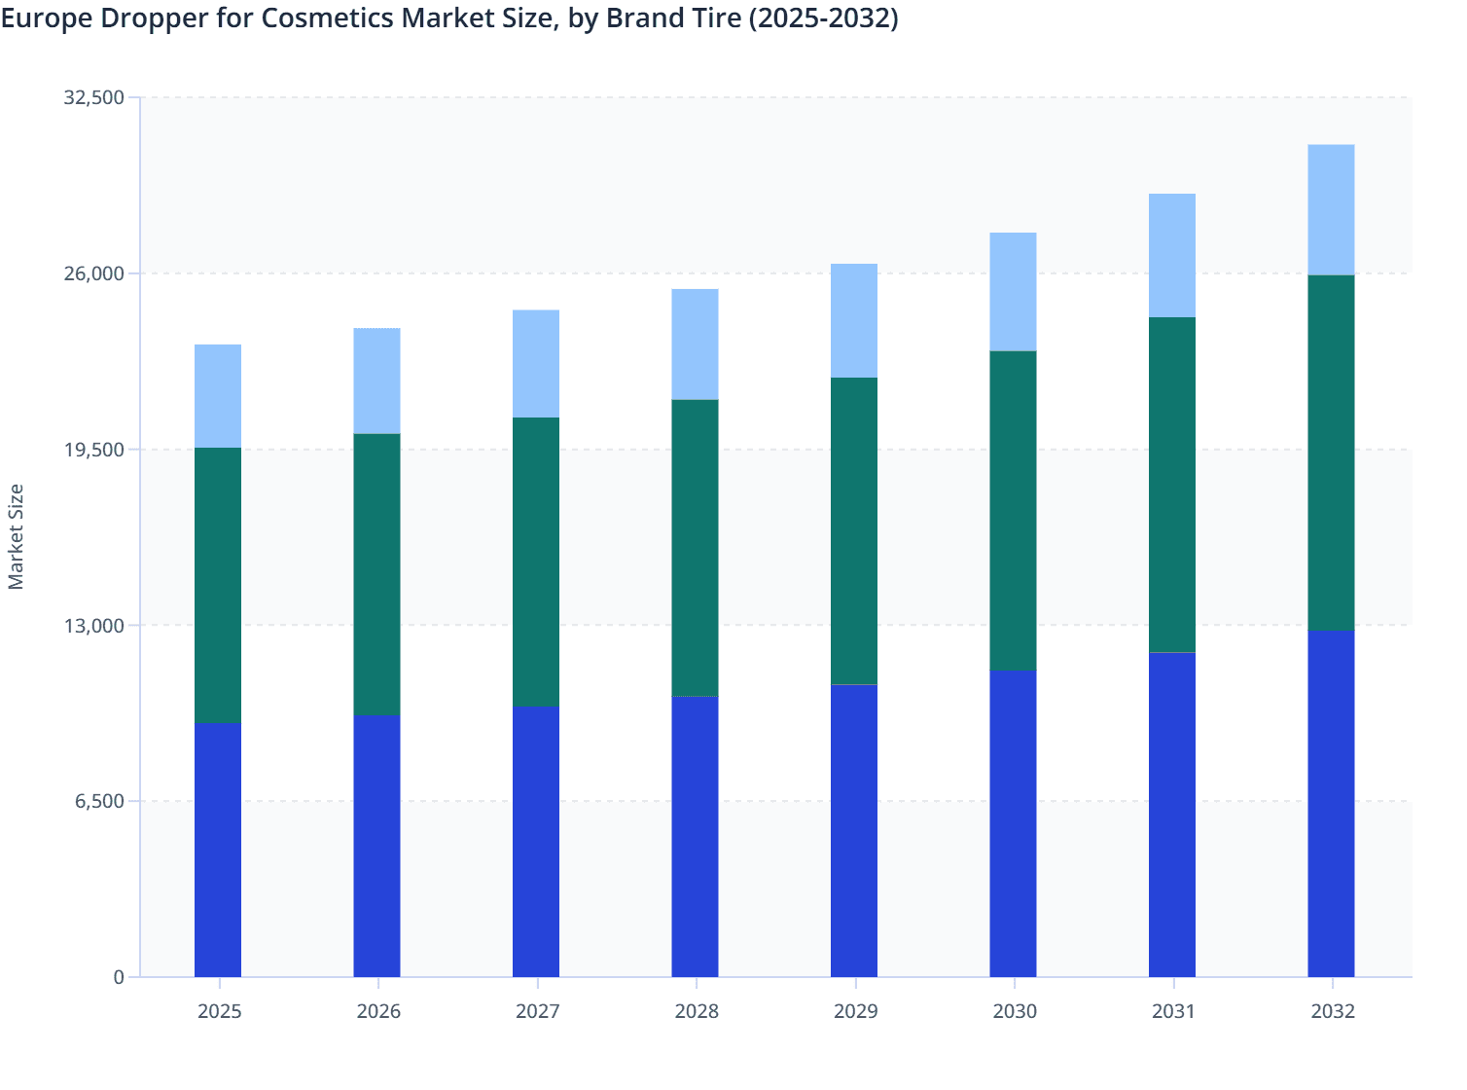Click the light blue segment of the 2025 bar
(x=218, y=396)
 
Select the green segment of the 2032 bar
(x=1331, y=453)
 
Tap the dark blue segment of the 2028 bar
(x=695, y=836)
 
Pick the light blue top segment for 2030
(x=1013, y=291)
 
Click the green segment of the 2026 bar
(x=376, y=574)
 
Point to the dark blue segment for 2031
(x=1172, y=815)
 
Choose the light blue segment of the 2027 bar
(x=536, y=363)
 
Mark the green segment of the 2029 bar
(x=854, y=530)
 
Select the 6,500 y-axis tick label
(x=98, y=801)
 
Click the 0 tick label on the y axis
(x=119, y=977)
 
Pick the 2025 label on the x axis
(x=219, y=1011)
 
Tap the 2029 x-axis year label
(x=855, y=1011)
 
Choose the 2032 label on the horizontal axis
(x=1332, y=1011)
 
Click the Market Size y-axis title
(x=17, y=536)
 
